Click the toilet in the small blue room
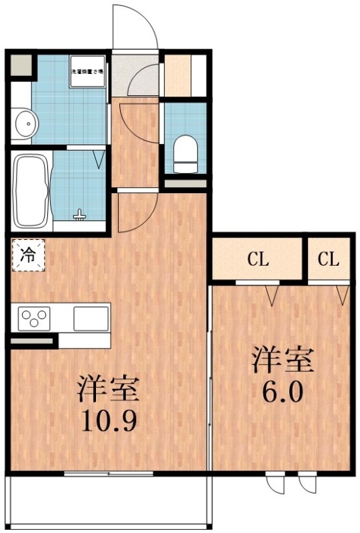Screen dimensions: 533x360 pyautogui.click(x=183, y=149)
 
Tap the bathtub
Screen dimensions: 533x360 pyautogui.click(x=30, y=189)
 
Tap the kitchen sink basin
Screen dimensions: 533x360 pyautogui.click(x=91, y=318)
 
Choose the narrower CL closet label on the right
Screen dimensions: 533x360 pyautogui.click(x=328, y=259)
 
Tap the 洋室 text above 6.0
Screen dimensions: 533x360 pyautogui.click(x=282, y=361)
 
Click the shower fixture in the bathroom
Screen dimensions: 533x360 pyautogui.click(x=81, y=215)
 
